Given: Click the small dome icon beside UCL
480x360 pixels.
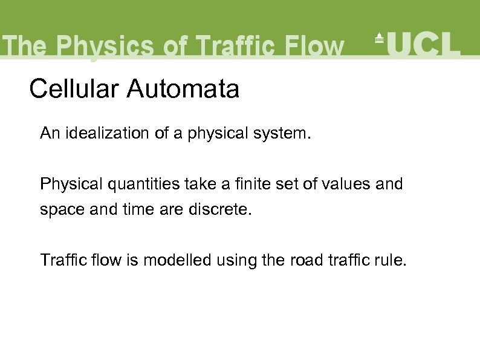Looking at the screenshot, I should point(379,38).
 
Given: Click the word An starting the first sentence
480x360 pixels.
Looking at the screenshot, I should point(49,133).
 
